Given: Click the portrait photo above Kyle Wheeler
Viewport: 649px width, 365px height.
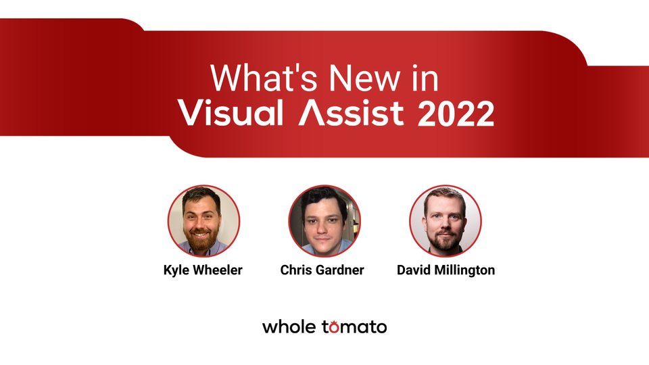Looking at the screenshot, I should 203,221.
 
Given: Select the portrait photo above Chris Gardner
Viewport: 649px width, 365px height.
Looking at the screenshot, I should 324,221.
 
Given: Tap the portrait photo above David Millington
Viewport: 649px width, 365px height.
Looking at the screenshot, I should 446,221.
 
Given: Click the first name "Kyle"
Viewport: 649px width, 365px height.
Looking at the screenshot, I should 178,270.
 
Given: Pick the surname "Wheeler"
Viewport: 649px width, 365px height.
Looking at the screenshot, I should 218,270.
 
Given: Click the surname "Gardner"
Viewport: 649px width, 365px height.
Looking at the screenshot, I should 341,270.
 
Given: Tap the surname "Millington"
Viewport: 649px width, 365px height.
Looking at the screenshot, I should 466,270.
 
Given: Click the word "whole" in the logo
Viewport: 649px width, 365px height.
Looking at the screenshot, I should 289,327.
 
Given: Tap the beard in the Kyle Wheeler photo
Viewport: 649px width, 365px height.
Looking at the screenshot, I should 203,240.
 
